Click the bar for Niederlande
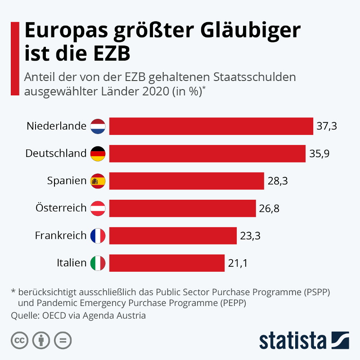(x=211, y=126)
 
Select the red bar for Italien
(x=167, y=263)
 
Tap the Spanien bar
(x=186, y=181)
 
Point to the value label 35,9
(x=319, y=153)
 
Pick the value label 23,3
(x=251, y=236)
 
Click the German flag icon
(x=98, y=153)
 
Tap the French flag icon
(x=98, y=235)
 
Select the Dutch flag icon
(x=98, y=126)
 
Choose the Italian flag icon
(x=98, y=263)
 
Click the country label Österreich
(x=61, y=208)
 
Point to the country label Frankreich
(x=60, y=235)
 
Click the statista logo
(x=304, y=340)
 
